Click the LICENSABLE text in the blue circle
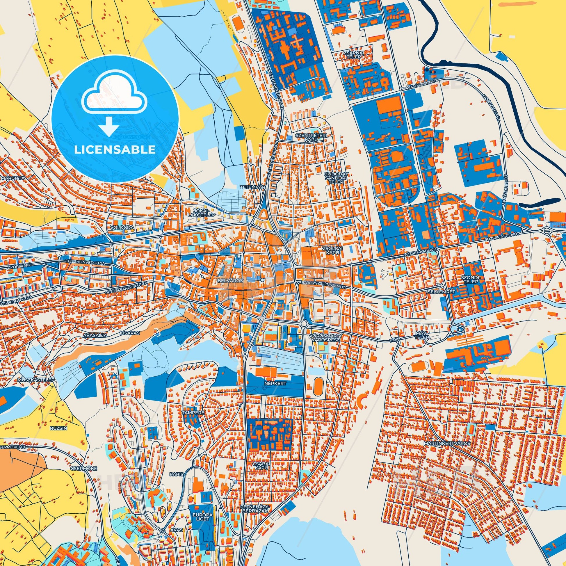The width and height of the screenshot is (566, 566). tap(115, 150)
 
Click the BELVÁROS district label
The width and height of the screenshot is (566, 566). tap(227, 280)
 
